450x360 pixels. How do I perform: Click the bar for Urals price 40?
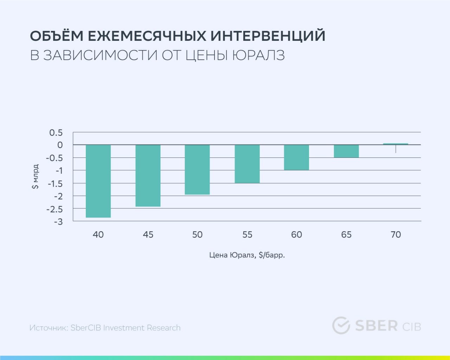pyautogui.click(x=98, y=181)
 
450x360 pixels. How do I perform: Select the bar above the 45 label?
pyautogui.click(x=148, y=175)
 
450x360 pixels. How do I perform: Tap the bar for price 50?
pyautogui.click(x=197, y=169)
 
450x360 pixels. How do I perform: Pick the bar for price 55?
pyautogui.click(x=247, y=164)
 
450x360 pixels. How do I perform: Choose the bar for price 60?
pyautogui.click(x=296, y=157)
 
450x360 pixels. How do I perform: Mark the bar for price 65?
pyautogui.click(x=346, y=151)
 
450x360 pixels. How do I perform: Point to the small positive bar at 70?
pyautogui.click(x=396, y=144)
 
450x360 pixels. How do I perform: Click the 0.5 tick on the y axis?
pyautogui.click(x=56, y=133)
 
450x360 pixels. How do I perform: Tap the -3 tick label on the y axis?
pyautogui.click(x=58, y=221)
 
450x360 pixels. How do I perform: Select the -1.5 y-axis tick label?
pyautogui.click(x=55, y=184)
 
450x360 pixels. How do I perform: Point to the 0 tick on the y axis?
pyautogui.click(x=60, y=145)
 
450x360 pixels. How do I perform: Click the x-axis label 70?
pyautogui.click(x=396, y=234)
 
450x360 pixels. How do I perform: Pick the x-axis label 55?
pyautogui.click(x=247, y=234)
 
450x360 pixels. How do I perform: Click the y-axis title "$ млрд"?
pyautogui.click(x=35, y=176)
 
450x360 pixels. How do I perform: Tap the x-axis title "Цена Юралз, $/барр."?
pyautogui.click(x=247, y=255)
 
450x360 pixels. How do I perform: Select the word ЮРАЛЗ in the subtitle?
pyautogui.click(x=258, y=55)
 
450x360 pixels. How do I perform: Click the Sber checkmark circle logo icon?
pyautogui.click(x=341, y=325)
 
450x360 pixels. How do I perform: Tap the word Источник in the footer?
pyautogui.click(x=49, y=328)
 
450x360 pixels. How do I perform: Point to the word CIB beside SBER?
pyautogui.click(x=412, y=327)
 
